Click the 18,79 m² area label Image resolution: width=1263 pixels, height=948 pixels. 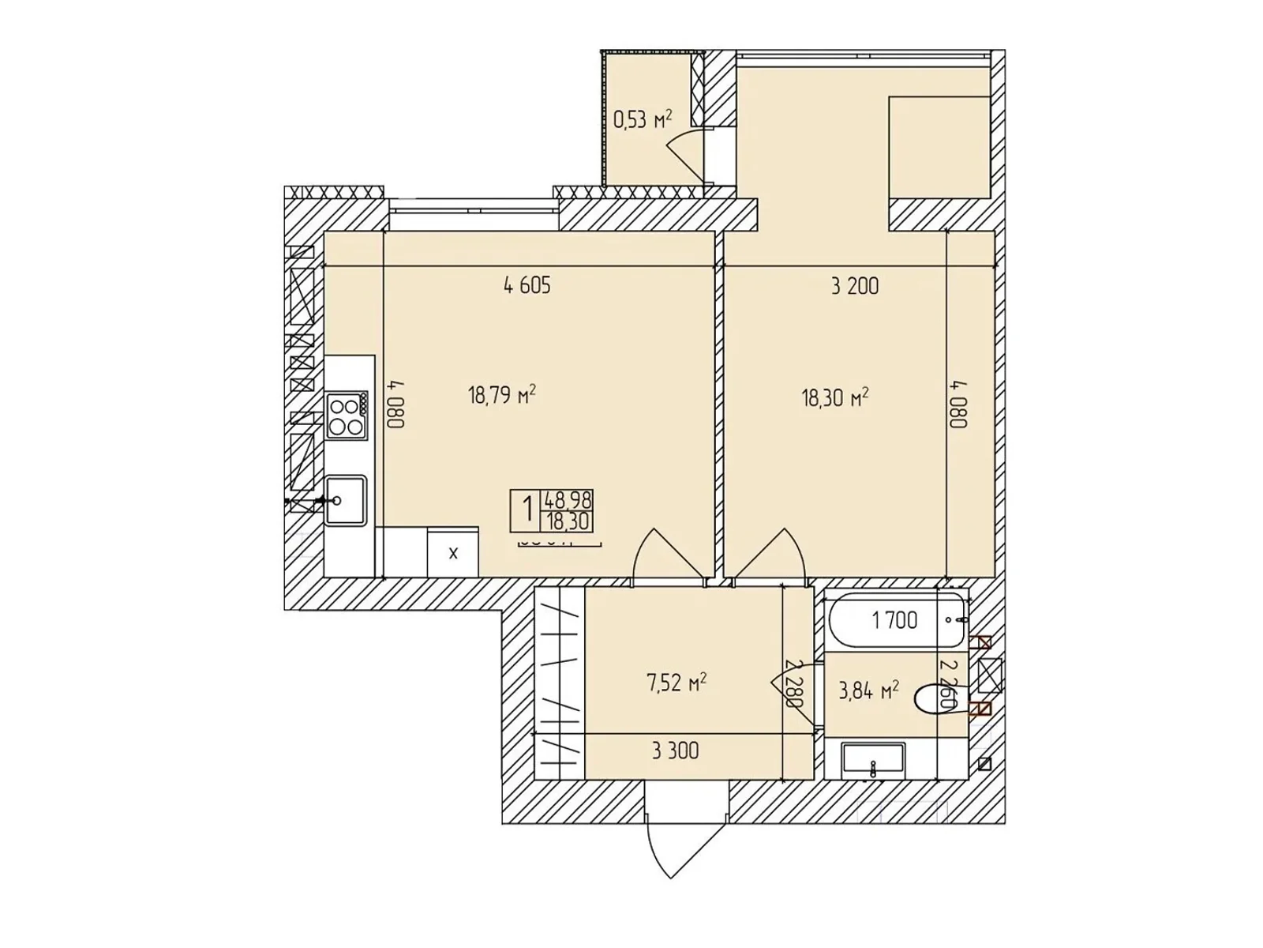[x=502, y=394]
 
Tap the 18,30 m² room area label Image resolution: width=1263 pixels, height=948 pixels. [x=834, y=397]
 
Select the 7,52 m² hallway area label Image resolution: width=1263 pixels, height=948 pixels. [x=676, y=683]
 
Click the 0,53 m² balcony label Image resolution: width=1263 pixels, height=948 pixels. [x=643, y=119]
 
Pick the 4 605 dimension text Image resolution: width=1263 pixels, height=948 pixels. [x=527, y=285]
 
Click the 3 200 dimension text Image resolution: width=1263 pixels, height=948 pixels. [x=854, y=286]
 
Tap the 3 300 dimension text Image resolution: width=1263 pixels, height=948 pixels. [x=675, y=750]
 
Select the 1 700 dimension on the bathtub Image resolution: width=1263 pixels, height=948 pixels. [x=894, y=620]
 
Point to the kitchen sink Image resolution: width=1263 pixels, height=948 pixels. [x=345, y=500]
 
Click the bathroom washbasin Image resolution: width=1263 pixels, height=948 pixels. [x=873, y=762]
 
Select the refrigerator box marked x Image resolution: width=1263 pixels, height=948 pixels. [x=453, y=553]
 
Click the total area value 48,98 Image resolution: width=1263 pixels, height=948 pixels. [x=567, y=499]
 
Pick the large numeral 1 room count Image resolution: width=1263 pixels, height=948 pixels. [x=527, y=510]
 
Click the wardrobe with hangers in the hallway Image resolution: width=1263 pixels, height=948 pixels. [x=559, y=683]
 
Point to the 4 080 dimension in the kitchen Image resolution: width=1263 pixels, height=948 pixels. [x=397, y=404]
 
